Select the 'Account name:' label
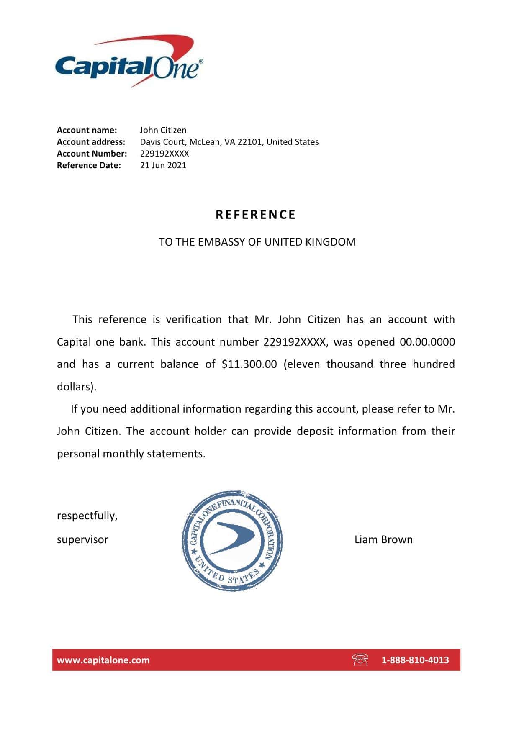pyautogui.click(x=87, y=130)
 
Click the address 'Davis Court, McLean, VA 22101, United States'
pyautogui.click(x=229, y=142)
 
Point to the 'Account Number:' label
pyautogui.click(x=92, y=154)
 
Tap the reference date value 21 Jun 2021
pyautogui.click(x=163, y=165)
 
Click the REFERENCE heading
pyautogui.click(x=256, y=215)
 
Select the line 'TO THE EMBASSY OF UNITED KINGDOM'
pyautogui.click(x=257, y=242)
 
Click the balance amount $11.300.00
pyautogui.click(x=249, y=364)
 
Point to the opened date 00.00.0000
pyautogui.click(x=427, y=342)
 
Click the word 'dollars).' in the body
pyautogui.click(x=77, y=387)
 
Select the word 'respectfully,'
pyautogui.click(x=87, y=516)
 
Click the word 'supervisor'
pyautogui.click(x=82, y=539)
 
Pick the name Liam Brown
pyautogui.click(x=383, y=539)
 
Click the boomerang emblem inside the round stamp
pyautogui.click(x=231, y=538)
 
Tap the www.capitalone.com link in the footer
pyautogui.click(x=103, y=660)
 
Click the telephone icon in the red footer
pyautogui.click(x=360, y=660)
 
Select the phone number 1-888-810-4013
pyautogui.click(x=415, y=660)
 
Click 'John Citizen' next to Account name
pyautogui.click(x=163, y=130)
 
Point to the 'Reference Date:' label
pyautogui.click(x=89, y=165)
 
